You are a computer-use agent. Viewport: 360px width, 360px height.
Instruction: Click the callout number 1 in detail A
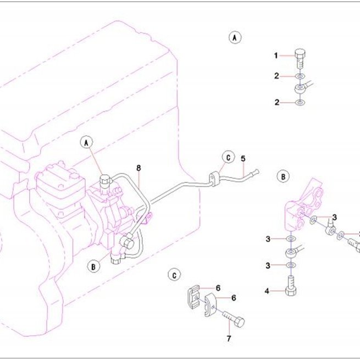coord(276,56)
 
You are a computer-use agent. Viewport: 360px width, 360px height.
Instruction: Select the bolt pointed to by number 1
coord(300,59)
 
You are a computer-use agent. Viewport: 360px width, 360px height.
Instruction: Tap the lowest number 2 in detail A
coord(277,102)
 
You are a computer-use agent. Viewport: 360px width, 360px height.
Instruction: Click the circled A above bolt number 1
coord(235,37)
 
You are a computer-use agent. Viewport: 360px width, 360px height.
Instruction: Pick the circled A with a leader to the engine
coord(86,142)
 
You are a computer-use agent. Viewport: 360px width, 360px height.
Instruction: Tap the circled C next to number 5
coord(228,158)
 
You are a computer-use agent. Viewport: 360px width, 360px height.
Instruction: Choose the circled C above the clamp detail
coord(174,275)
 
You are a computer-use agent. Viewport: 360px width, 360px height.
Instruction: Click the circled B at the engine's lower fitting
coord(93,267)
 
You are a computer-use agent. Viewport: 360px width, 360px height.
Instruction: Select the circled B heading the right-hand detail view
coord(283,176)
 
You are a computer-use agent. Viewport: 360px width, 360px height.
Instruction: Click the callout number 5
coord(243,159)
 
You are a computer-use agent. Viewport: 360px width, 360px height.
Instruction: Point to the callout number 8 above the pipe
coord(139,168)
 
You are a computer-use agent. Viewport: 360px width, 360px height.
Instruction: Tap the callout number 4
coord(267,291)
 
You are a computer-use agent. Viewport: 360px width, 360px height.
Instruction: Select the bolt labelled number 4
coord(291,286)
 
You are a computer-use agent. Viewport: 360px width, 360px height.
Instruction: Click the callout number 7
coord(229,339)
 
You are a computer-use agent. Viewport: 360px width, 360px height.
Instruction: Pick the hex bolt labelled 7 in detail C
coord(234,319)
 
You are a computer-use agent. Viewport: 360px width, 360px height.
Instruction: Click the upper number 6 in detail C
coord(218,288)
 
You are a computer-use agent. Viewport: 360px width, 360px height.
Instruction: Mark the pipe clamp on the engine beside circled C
coord(214,179)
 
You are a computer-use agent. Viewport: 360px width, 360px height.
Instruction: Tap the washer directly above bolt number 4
coord(291,265)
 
